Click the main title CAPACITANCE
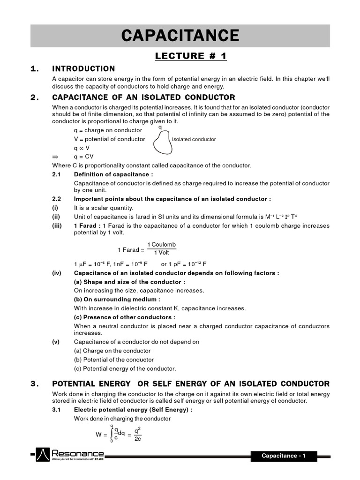tap(180, 36)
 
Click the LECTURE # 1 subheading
tap(191, 56)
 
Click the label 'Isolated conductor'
tap(194, 139)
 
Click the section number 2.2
tap(57, 199)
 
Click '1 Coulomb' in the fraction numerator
tap(161, 245)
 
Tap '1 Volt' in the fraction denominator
tap(161, 253)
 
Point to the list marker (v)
tap(56, 342)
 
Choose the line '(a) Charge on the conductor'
tap(112, 351)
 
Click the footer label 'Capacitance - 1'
tap(284, 456)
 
